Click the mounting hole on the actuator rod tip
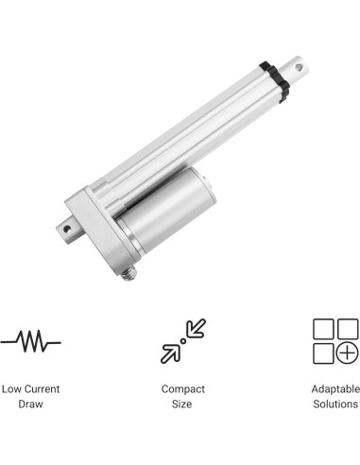point(302,68)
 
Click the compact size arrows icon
point(182,340)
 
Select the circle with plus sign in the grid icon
point(347,353)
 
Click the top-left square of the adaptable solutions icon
point(322,328)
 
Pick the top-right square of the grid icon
point(347,328)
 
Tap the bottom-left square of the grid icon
point(322,353)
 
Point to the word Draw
point(30,405)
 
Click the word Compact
point(182,388)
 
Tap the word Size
point(182,405)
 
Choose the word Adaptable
point(334,388)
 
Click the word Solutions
point(334,405)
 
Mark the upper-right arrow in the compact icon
point(195,328)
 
